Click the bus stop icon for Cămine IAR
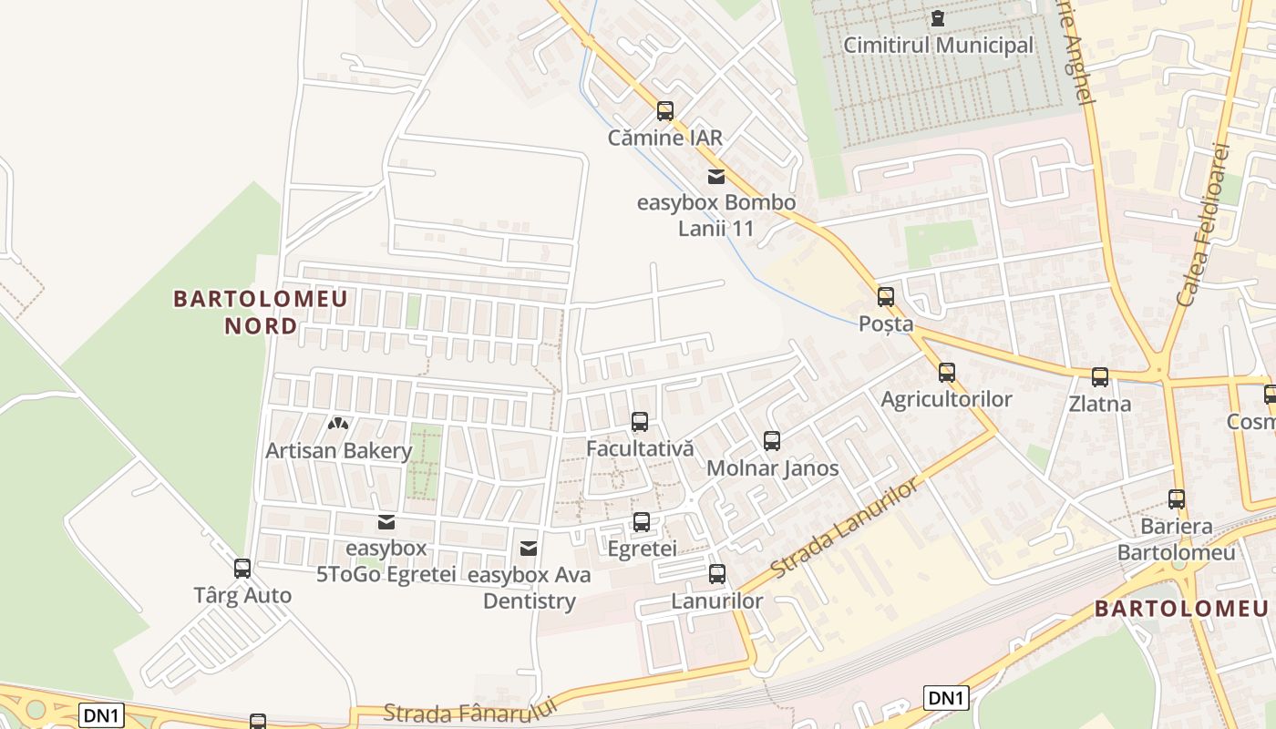[665, 111]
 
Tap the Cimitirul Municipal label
[939, 46]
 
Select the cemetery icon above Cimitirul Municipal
[937, 17]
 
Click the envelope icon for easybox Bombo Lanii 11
[716, 176]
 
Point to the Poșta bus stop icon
[885, 296]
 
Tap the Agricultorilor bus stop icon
[947, 372]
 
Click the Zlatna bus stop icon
[1100, 376]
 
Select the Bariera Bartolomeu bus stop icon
[1177, 498]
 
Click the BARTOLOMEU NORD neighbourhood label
[261, 312]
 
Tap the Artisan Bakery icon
[338, 424]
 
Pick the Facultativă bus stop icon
[640, 421]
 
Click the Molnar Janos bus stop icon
[772, 441]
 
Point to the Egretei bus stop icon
[642, 521]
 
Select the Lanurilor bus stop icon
[717, 574]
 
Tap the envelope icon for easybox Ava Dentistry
[528, 549]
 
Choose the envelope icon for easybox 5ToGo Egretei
[386, 521]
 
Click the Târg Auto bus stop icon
[242, 569]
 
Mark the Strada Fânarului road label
[469, 712]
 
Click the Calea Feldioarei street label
[1203, 223]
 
